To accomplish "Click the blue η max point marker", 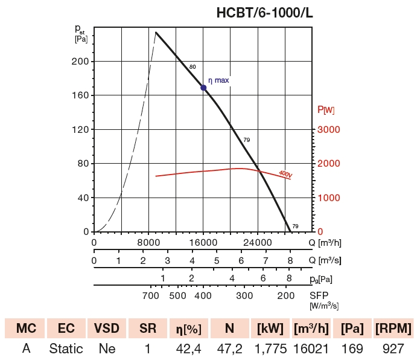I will click(x=203, y=88).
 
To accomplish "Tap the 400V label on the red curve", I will click(x=285, y=174).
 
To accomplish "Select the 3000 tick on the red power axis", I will click(x=329, y=130).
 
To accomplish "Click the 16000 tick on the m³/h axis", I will click(x=203, y=243).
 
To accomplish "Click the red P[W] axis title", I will click(x=326, y=110).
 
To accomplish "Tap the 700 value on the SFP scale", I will click(x=150, y=296).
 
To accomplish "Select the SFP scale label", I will click(x=319, y=296).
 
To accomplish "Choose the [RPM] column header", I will click(x=393, y=329).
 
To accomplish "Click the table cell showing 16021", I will click(x=311, y=349).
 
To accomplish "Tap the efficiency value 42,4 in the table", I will click(x=188, y=349).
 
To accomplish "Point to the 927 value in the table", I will click(x=393, y=349).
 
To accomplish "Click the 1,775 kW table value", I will click(x=270, y=349).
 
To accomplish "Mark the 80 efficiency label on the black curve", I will click(x=192, y=66).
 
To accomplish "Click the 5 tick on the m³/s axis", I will click(x=217, y=260).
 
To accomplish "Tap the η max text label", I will click(x=218, y=80).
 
